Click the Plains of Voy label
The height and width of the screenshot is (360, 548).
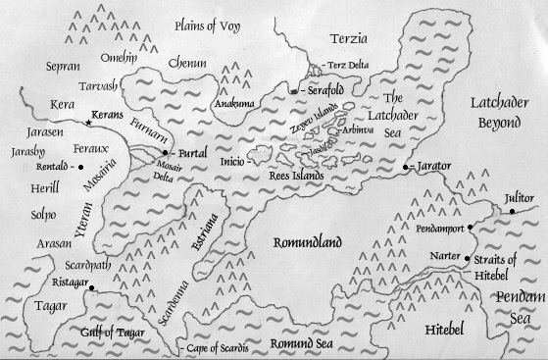208,24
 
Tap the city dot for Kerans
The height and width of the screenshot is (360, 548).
85,116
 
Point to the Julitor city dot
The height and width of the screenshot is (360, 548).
511,212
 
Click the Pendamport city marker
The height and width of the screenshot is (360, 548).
471,228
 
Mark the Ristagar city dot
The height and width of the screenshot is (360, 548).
90,289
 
